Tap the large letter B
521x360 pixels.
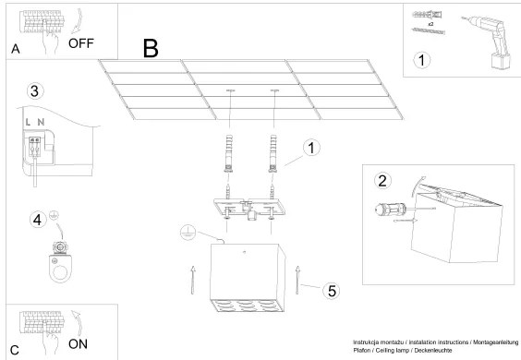click(151, 49)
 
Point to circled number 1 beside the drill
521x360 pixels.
click(423, 62)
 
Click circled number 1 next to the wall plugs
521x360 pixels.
click(312, 148)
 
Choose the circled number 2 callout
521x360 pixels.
click(383, 180)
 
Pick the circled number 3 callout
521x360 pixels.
click(34, 90)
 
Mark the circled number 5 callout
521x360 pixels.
click(330, 289)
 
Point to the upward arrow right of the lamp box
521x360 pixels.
click(298, 275)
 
